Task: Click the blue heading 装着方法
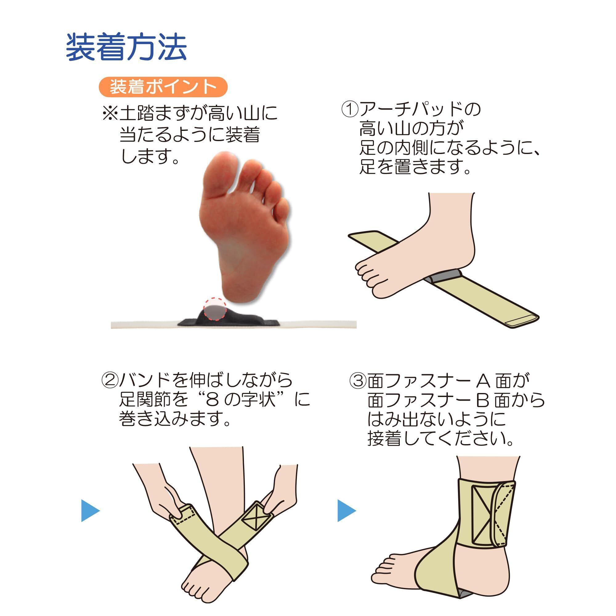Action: click(x=126, y=47)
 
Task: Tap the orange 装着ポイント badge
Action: click(x=163, y=87)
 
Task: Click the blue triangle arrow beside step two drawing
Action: click(x=90, y=511)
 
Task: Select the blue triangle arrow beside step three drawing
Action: click(x=346, y=511)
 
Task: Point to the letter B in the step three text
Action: click(x=483, y=400)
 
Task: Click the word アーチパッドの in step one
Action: click(x=420, y=110)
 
